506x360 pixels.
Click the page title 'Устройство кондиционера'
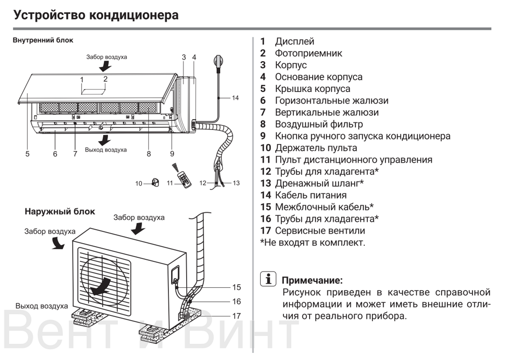coord(96,15)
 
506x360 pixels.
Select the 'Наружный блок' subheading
coord(60,211)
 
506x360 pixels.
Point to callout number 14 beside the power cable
coord(235,98)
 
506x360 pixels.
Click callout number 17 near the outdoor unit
coord(236,316)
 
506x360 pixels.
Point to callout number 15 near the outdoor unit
coord(236,287)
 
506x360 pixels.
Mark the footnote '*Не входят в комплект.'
coord(312,243)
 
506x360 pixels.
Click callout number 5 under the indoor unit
coord(27,154)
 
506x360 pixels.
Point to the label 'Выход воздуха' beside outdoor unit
coord(41,306)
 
